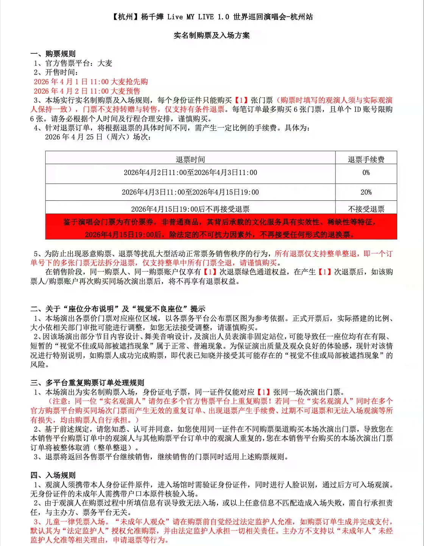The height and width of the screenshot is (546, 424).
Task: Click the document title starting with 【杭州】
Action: coord(212,17)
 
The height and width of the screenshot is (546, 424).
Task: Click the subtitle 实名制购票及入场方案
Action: coord(212,36)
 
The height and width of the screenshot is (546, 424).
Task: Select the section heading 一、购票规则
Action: coord(53,54)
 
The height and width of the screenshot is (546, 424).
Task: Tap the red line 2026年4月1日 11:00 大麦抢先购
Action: coord(91,82)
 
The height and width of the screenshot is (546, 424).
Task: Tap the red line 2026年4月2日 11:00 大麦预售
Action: coord(87,91)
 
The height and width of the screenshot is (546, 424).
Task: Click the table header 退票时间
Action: coord(190,159)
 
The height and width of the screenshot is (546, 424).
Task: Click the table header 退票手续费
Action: coord(366,159)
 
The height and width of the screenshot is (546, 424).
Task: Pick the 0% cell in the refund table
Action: coord(366,173)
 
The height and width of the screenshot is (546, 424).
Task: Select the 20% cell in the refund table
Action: coord(366,192)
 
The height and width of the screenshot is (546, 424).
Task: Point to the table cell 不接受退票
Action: coord(366,209)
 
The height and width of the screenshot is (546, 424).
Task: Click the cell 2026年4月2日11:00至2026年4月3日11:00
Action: coord(190,173)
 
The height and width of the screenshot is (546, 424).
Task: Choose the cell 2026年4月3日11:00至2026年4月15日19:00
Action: coord(190,192)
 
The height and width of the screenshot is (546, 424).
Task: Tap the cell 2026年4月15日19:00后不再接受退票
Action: coord(190,209)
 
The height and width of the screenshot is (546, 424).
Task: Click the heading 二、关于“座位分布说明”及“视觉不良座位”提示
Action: coord(118,309)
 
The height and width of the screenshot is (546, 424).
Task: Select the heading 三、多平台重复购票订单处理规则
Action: coord(87,383)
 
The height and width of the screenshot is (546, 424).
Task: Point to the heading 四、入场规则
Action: coord(53,475)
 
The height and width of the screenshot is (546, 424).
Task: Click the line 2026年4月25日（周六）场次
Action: coord(98,137)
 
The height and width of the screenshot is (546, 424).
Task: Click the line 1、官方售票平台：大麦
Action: coord(73,63)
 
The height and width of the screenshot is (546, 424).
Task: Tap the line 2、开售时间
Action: coord(56,72)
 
